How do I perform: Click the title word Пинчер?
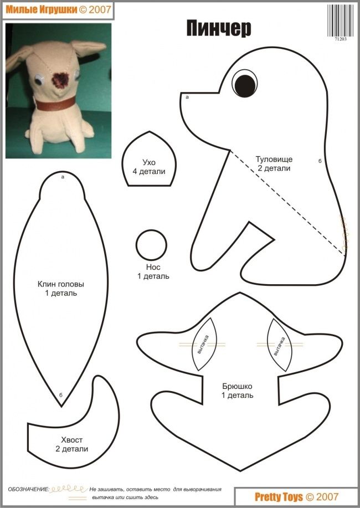(219, 28)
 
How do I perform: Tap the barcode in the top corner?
(341, 20)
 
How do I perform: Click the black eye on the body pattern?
(245, 85)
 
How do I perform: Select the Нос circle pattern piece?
(151, 245)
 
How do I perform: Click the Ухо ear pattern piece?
(149, 159)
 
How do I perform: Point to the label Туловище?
(274, 159)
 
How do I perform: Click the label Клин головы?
(61, 284)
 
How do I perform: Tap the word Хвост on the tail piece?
(71, 440)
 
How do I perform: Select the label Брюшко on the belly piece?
(237, 386)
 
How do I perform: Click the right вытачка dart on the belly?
(279, 345)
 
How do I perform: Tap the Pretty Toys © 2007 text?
(296, 497)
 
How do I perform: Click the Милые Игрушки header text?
(42, 10)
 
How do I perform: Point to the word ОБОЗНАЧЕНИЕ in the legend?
(29, 489)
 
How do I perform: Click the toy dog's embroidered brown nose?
(60, 80)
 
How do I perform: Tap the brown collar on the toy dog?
(55, 104)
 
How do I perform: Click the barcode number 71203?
(341, 39)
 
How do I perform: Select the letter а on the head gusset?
(63, 177)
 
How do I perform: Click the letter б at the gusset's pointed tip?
(61, 395)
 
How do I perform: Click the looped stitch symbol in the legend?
(69, 489)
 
